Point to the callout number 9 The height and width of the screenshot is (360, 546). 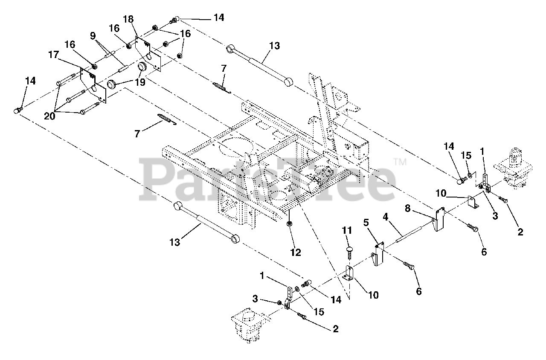93,37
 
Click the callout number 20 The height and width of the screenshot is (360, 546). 49,116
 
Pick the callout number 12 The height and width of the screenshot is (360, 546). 295,253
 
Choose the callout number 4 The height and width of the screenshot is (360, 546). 385,217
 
